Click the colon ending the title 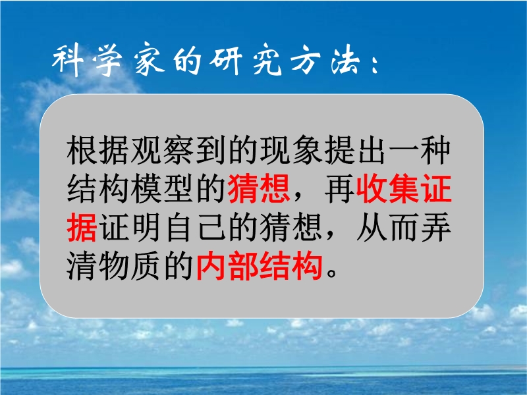click(375, 65)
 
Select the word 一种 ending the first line click(420, 150)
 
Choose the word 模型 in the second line click(163, 189)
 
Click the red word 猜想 click(259, 189)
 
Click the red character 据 click(82, 228)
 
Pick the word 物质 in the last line click(130, 266)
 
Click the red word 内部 click(227, 266)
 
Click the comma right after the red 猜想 click(298, 196)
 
